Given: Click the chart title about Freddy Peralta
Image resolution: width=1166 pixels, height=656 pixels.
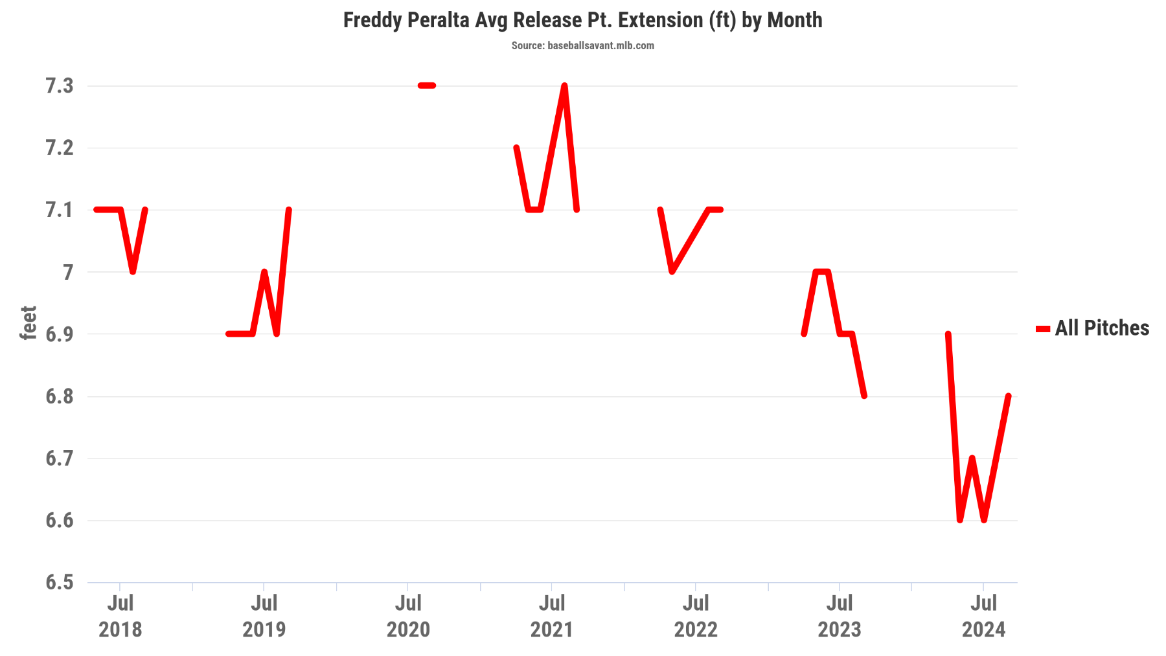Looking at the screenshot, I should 582,20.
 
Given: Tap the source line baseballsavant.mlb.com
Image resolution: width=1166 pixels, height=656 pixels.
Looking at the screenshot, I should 582,45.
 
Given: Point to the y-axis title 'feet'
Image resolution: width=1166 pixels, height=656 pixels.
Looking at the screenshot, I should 28,322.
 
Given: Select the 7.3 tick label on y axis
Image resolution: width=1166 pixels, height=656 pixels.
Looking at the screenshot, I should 59,85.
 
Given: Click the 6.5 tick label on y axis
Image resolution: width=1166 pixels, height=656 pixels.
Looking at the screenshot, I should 59,582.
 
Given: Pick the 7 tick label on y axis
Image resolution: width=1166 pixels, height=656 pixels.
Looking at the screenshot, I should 67,272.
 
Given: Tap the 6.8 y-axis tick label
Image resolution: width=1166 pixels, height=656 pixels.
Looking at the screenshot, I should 59,396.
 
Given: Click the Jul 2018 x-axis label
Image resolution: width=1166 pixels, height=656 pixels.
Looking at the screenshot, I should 120,616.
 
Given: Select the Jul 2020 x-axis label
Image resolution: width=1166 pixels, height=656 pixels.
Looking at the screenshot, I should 408,616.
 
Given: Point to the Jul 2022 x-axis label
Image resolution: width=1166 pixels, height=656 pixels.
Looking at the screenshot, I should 696,616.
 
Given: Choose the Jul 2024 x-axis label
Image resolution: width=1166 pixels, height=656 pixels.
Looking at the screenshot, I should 983,616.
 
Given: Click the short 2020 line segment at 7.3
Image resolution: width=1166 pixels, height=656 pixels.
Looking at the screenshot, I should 427,85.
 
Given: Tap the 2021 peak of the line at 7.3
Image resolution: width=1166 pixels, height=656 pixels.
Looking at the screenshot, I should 564,86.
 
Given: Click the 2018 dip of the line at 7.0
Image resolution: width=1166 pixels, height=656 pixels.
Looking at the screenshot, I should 133,271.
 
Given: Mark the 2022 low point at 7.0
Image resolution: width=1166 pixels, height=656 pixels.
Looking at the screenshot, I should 672,271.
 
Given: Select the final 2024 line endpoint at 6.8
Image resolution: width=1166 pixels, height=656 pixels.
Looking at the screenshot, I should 1008,396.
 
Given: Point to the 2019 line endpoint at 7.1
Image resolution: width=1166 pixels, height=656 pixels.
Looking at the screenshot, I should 288,210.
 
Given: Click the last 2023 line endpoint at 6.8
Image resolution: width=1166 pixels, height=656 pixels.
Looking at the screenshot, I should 864,396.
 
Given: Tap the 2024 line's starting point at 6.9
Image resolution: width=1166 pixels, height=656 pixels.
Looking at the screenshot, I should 948,334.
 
